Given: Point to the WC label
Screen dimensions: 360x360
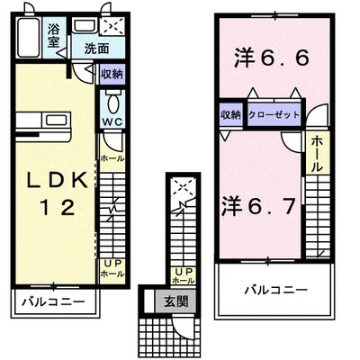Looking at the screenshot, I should (112, 121).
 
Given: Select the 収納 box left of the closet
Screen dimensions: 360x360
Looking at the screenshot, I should (230, 115).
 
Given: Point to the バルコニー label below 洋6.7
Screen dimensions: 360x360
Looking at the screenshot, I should (276, 290).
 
